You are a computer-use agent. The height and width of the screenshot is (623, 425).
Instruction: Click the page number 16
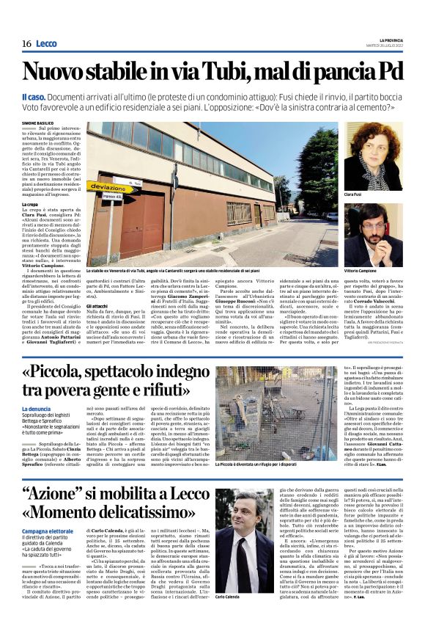tap(26, 43)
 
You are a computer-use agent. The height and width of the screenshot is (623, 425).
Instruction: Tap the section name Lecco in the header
tap(46, 43)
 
